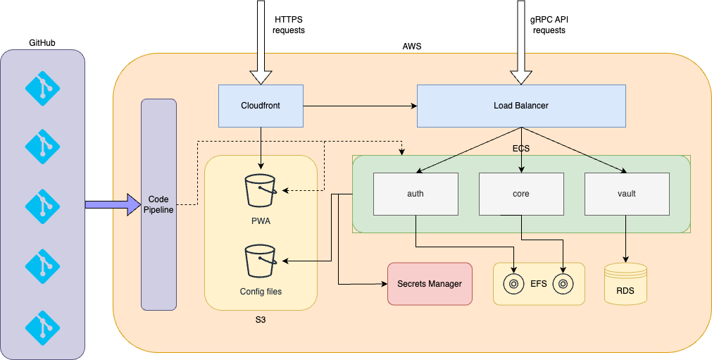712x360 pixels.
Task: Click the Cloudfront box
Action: coord(261,106)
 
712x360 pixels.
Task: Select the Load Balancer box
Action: coord(521,106)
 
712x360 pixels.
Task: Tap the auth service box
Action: coord(416,193)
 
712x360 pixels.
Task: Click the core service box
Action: coord(521,193)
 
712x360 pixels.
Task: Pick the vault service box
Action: coord(626,193)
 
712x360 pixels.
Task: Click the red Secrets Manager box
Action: coord(430,284)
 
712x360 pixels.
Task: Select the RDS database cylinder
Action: coord(625,283)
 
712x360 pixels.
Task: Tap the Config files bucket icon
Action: coord(261,261)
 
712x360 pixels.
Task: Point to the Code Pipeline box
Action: coord(158,204)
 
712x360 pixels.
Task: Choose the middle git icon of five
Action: coord(43,205)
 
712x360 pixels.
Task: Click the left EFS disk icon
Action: coord(514,284)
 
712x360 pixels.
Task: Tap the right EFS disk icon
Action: coord(563,284)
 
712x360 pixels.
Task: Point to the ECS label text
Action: coord(521,149)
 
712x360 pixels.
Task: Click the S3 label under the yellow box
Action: coord(261,320)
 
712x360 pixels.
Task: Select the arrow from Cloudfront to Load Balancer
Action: coord(359,106)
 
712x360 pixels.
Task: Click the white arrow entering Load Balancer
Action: coord(521,42)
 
